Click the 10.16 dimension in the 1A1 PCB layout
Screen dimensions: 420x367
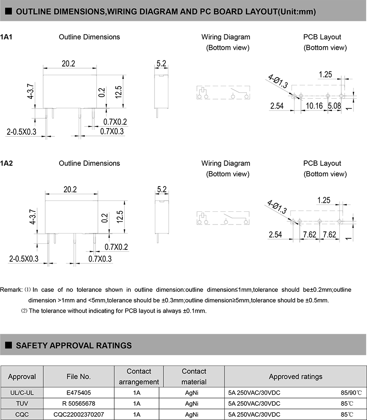point(314,106)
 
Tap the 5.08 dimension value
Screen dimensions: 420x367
point(335,106)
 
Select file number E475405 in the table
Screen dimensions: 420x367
point(79,393)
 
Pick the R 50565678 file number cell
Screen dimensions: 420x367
point(79,404)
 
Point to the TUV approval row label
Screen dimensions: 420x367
point(22,404)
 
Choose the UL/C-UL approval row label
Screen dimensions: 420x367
point(22,393)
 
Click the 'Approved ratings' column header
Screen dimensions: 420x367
point(295,376)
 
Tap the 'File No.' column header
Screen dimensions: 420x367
point(79,376)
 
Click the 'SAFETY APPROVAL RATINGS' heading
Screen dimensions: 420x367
point(73,345)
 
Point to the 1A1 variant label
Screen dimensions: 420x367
point(7,37)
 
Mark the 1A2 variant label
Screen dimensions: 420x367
point(7,163)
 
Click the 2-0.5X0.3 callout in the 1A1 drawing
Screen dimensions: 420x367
point(22,131)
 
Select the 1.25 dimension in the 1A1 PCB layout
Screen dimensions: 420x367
point(325,74)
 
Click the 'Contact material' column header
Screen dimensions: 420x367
point(194,376)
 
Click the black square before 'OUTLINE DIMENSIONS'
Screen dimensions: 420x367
point(8,11)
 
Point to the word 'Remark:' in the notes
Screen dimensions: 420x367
point(11,290)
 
